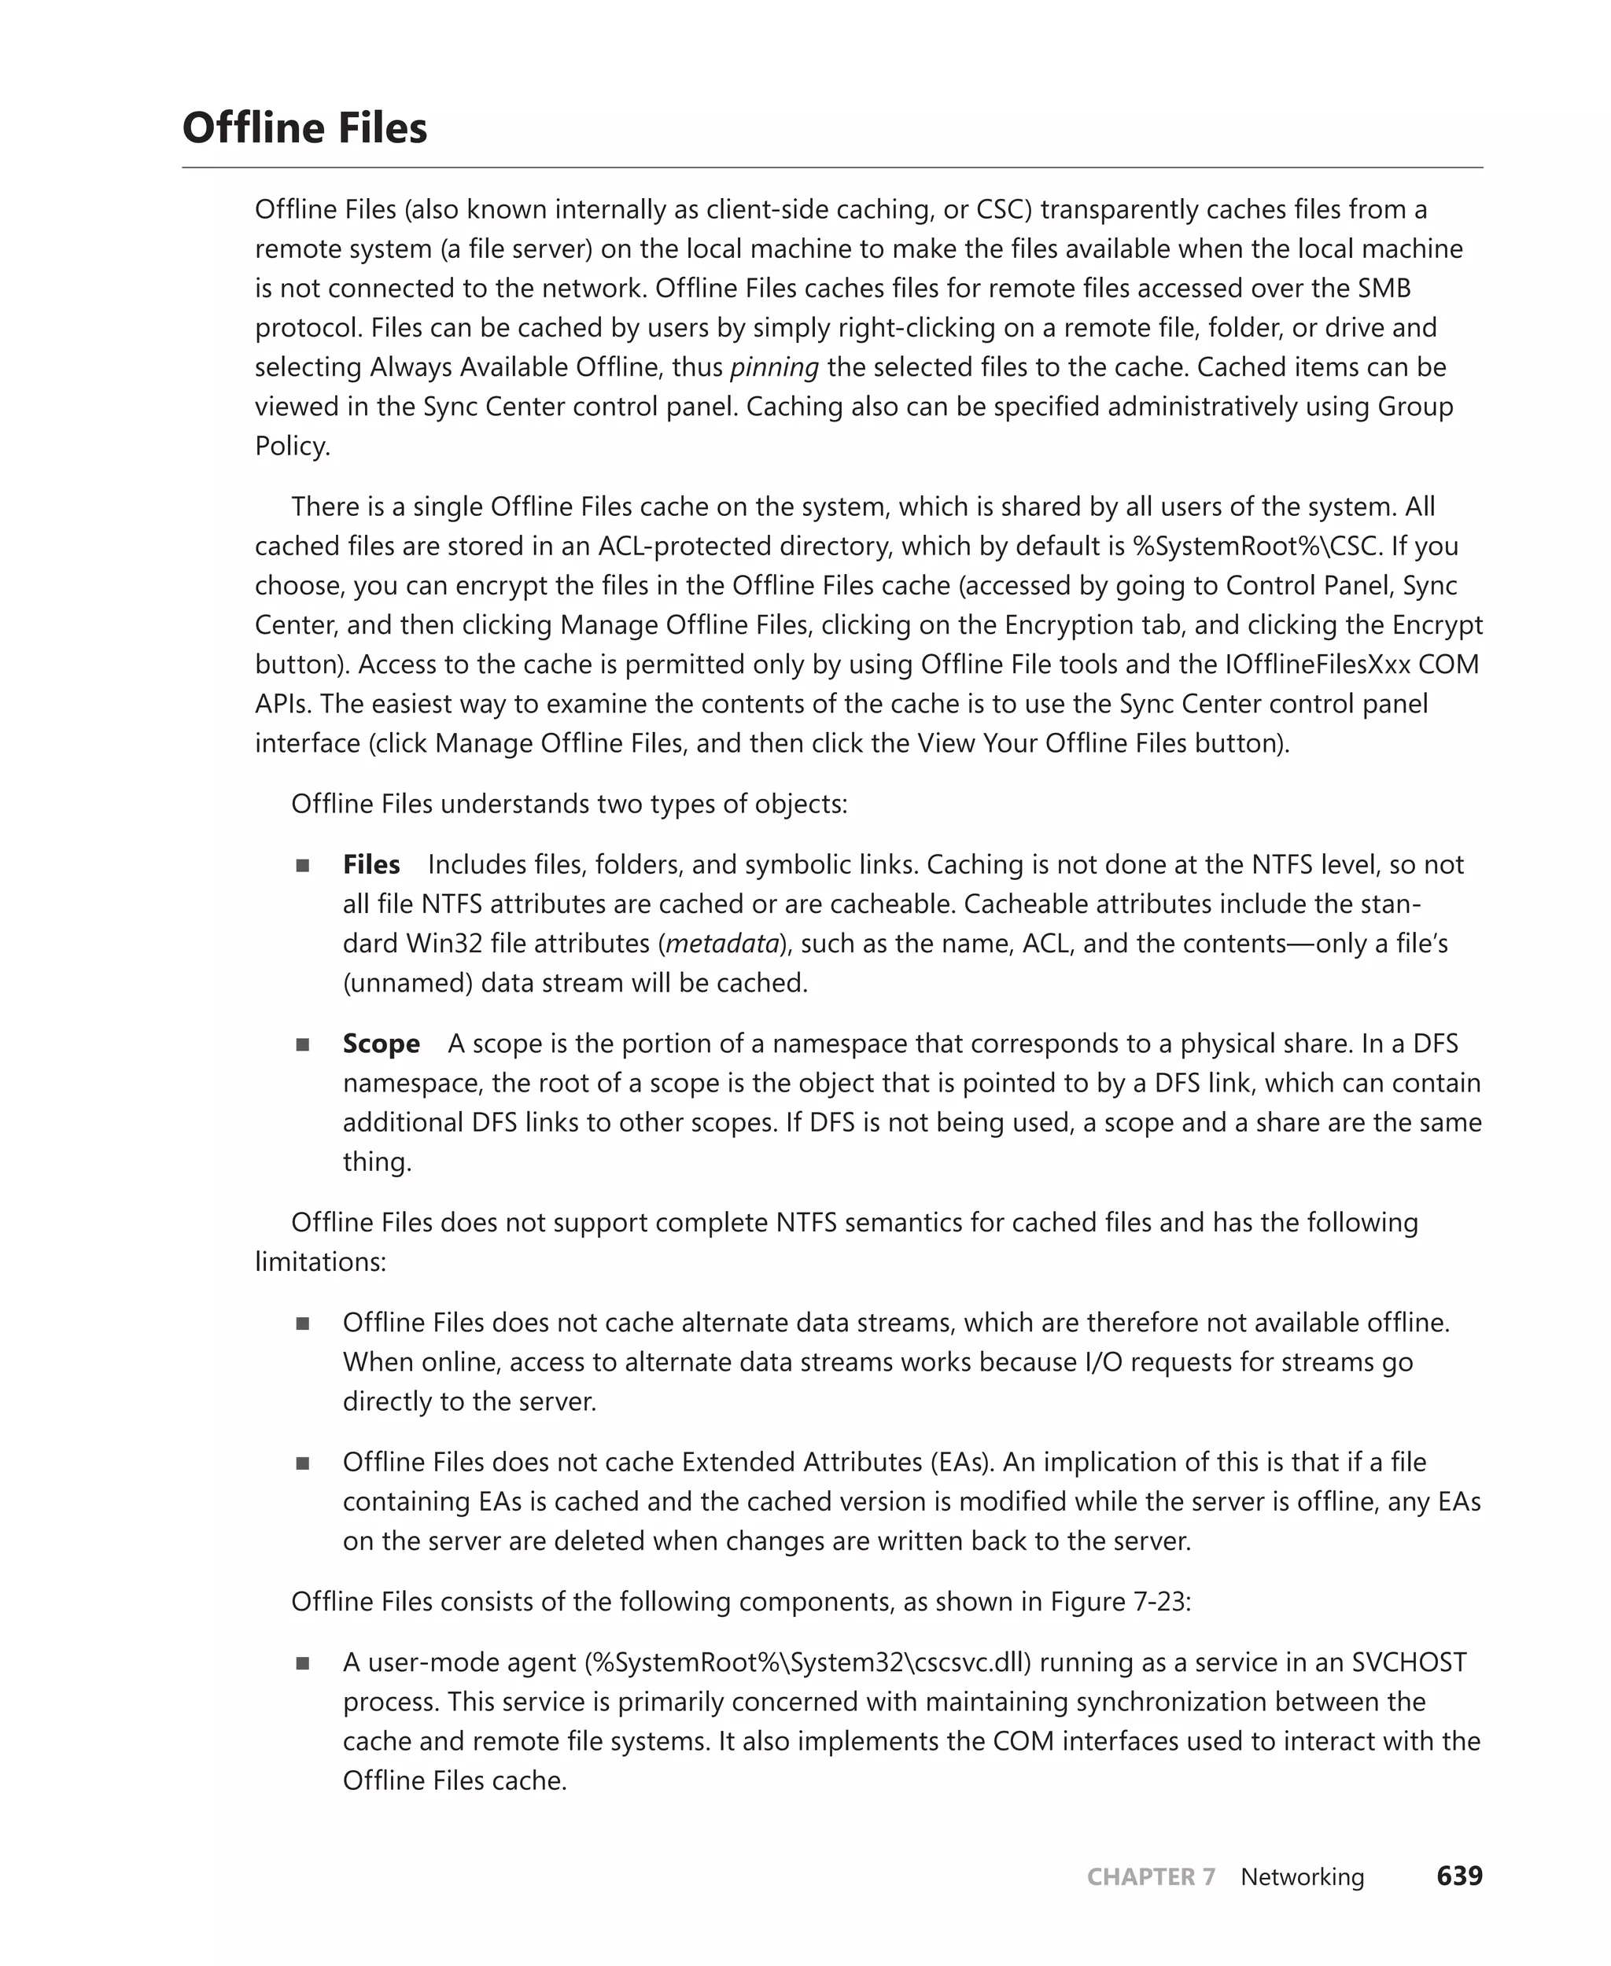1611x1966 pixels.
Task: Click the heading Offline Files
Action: tap(304, 128)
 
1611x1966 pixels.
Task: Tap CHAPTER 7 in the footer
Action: tap(1151, 1876)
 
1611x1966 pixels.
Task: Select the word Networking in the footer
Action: tap(1302, 1876)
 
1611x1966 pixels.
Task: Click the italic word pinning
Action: tap(774, 367)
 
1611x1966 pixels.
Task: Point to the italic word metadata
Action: tap(722, 944)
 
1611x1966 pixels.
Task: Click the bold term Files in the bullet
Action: tap(371, 865)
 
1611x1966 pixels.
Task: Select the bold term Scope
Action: tap(381, 1044)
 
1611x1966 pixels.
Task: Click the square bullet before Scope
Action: tap(303, 1044)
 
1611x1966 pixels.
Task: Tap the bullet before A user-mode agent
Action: tap(303, 1663)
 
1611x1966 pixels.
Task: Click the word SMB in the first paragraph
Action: tap(1384, 289)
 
